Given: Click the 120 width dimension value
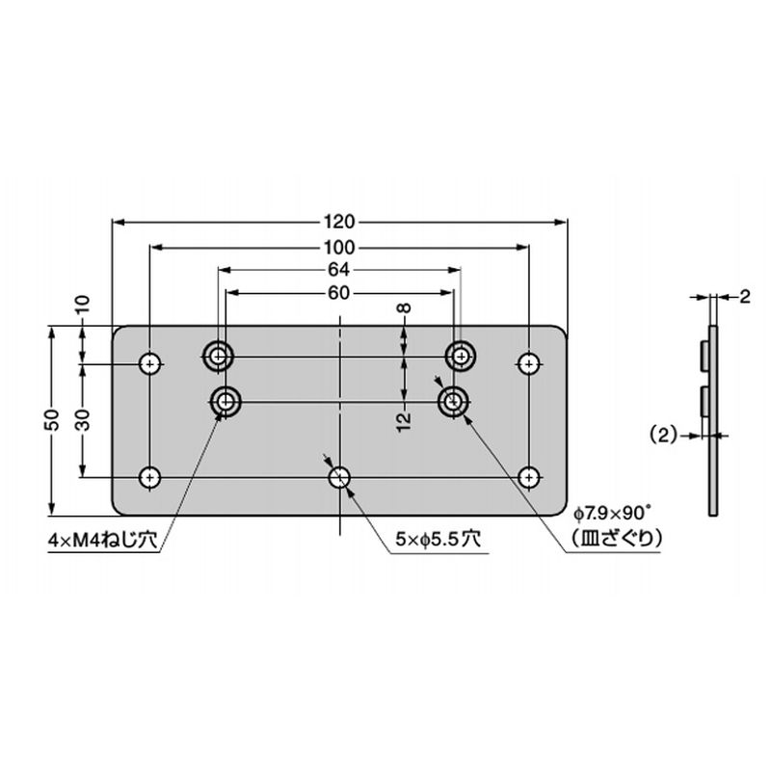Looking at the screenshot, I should [x=339, y=220].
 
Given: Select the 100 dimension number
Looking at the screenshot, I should [x=339, y=246].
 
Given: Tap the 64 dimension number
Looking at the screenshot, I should [x=339, y=270].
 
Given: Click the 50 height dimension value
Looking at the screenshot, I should [x=54, y=420].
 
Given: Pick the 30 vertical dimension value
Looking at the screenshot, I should [x=83, y=420].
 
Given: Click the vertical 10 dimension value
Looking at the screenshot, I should [x=83, y=306].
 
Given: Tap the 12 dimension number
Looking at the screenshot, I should [x=405, y=417].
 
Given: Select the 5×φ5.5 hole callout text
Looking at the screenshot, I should [x=437, y=542].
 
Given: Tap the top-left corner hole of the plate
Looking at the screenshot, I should [x=150, y=363].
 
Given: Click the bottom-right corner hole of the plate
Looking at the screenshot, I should [x=528, y=476].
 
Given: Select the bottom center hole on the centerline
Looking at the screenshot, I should [x=339, y=476].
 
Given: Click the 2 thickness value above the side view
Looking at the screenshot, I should [x=745, y=298].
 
